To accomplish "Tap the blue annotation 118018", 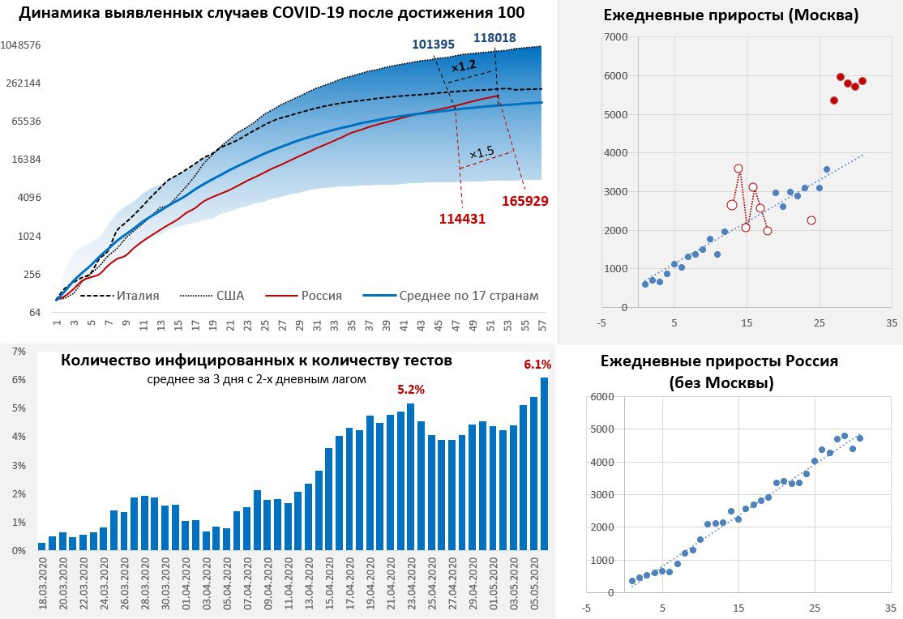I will click(x=494, y=37).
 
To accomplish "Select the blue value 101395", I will click(x=433, y=45).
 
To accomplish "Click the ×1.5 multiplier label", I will click(x=481, y=152).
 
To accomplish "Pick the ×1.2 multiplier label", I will click(x=464, y=66).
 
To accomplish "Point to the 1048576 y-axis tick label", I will click(x=22, y=45).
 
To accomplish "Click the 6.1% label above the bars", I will click(x=537, y=365).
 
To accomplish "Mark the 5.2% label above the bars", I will click(x=411, y=389).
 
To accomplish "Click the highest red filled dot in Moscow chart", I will click(x=841, y=77).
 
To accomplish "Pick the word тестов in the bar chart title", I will click(x=422, y=361).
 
